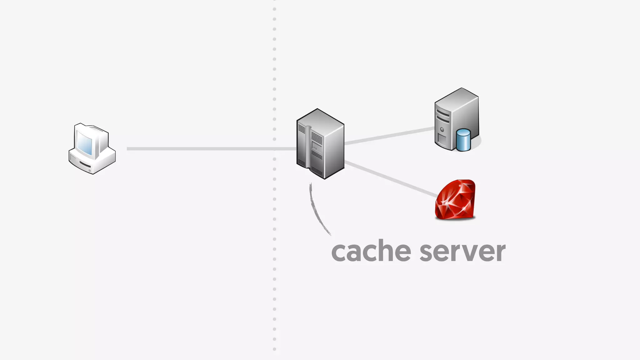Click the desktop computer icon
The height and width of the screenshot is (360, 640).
[x=92, y=149]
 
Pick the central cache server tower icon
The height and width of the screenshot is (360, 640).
[x=320, y=144]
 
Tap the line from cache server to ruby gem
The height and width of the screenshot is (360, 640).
[x=391, y=179]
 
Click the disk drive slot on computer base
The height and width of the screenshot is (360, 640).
[x=85, y=164]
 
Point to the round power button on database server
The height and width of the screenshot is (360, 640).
[x=442, y=129]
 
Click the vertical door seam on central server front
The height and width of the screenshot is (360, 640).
[x=308, y=147]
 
